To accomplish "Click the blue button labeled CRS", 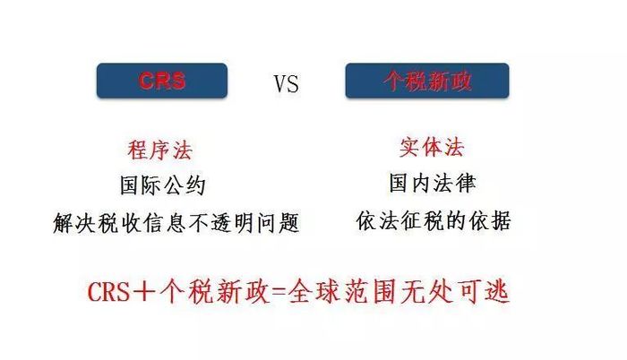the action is (x=162, y=81).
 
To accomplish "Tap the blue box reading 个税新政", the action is (x=427, y=81).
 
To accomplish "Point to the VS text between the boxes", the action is (x=287, y=84).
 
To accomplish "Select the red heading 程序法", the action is (x=160, y=150).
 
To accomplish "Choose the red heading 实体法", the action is (x=432, y=148).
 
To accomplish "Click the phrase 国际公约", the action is (x=163, y=185).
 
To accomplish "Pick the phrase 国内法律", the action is (x=433, y=183).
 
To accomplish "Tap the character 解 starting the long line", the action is (x=64, y=223).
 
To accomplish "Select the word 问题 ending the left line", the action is (x=278, y=223).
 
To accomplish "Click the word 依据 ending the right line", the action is (x=490, y=221).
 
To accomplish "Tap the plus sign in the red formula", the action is (x=143, y=292).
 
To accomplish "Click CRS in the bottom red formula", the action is (x=108, y=292).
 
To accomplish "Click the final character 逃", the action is (x=496, y=292).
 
